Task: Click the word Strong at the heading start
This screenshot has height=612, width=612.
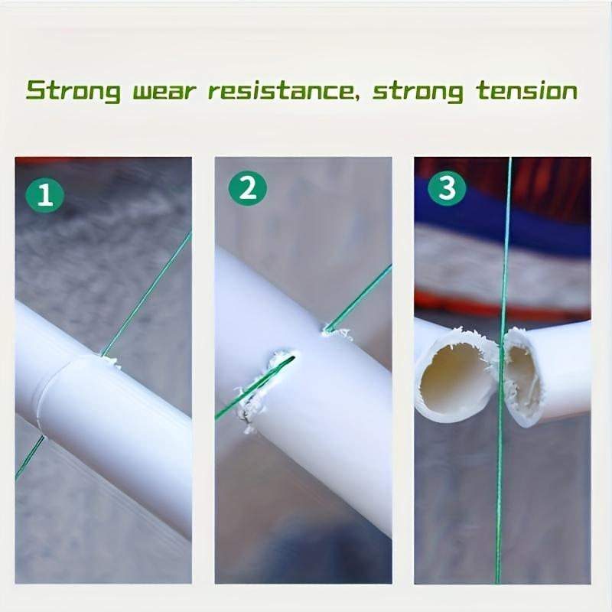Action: coord(72,91)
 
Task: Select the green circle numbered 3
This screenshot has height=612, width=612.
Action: coord(447,187)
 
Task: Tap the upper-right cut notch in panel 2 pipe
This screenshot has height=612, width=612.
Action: coord(330,330)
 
